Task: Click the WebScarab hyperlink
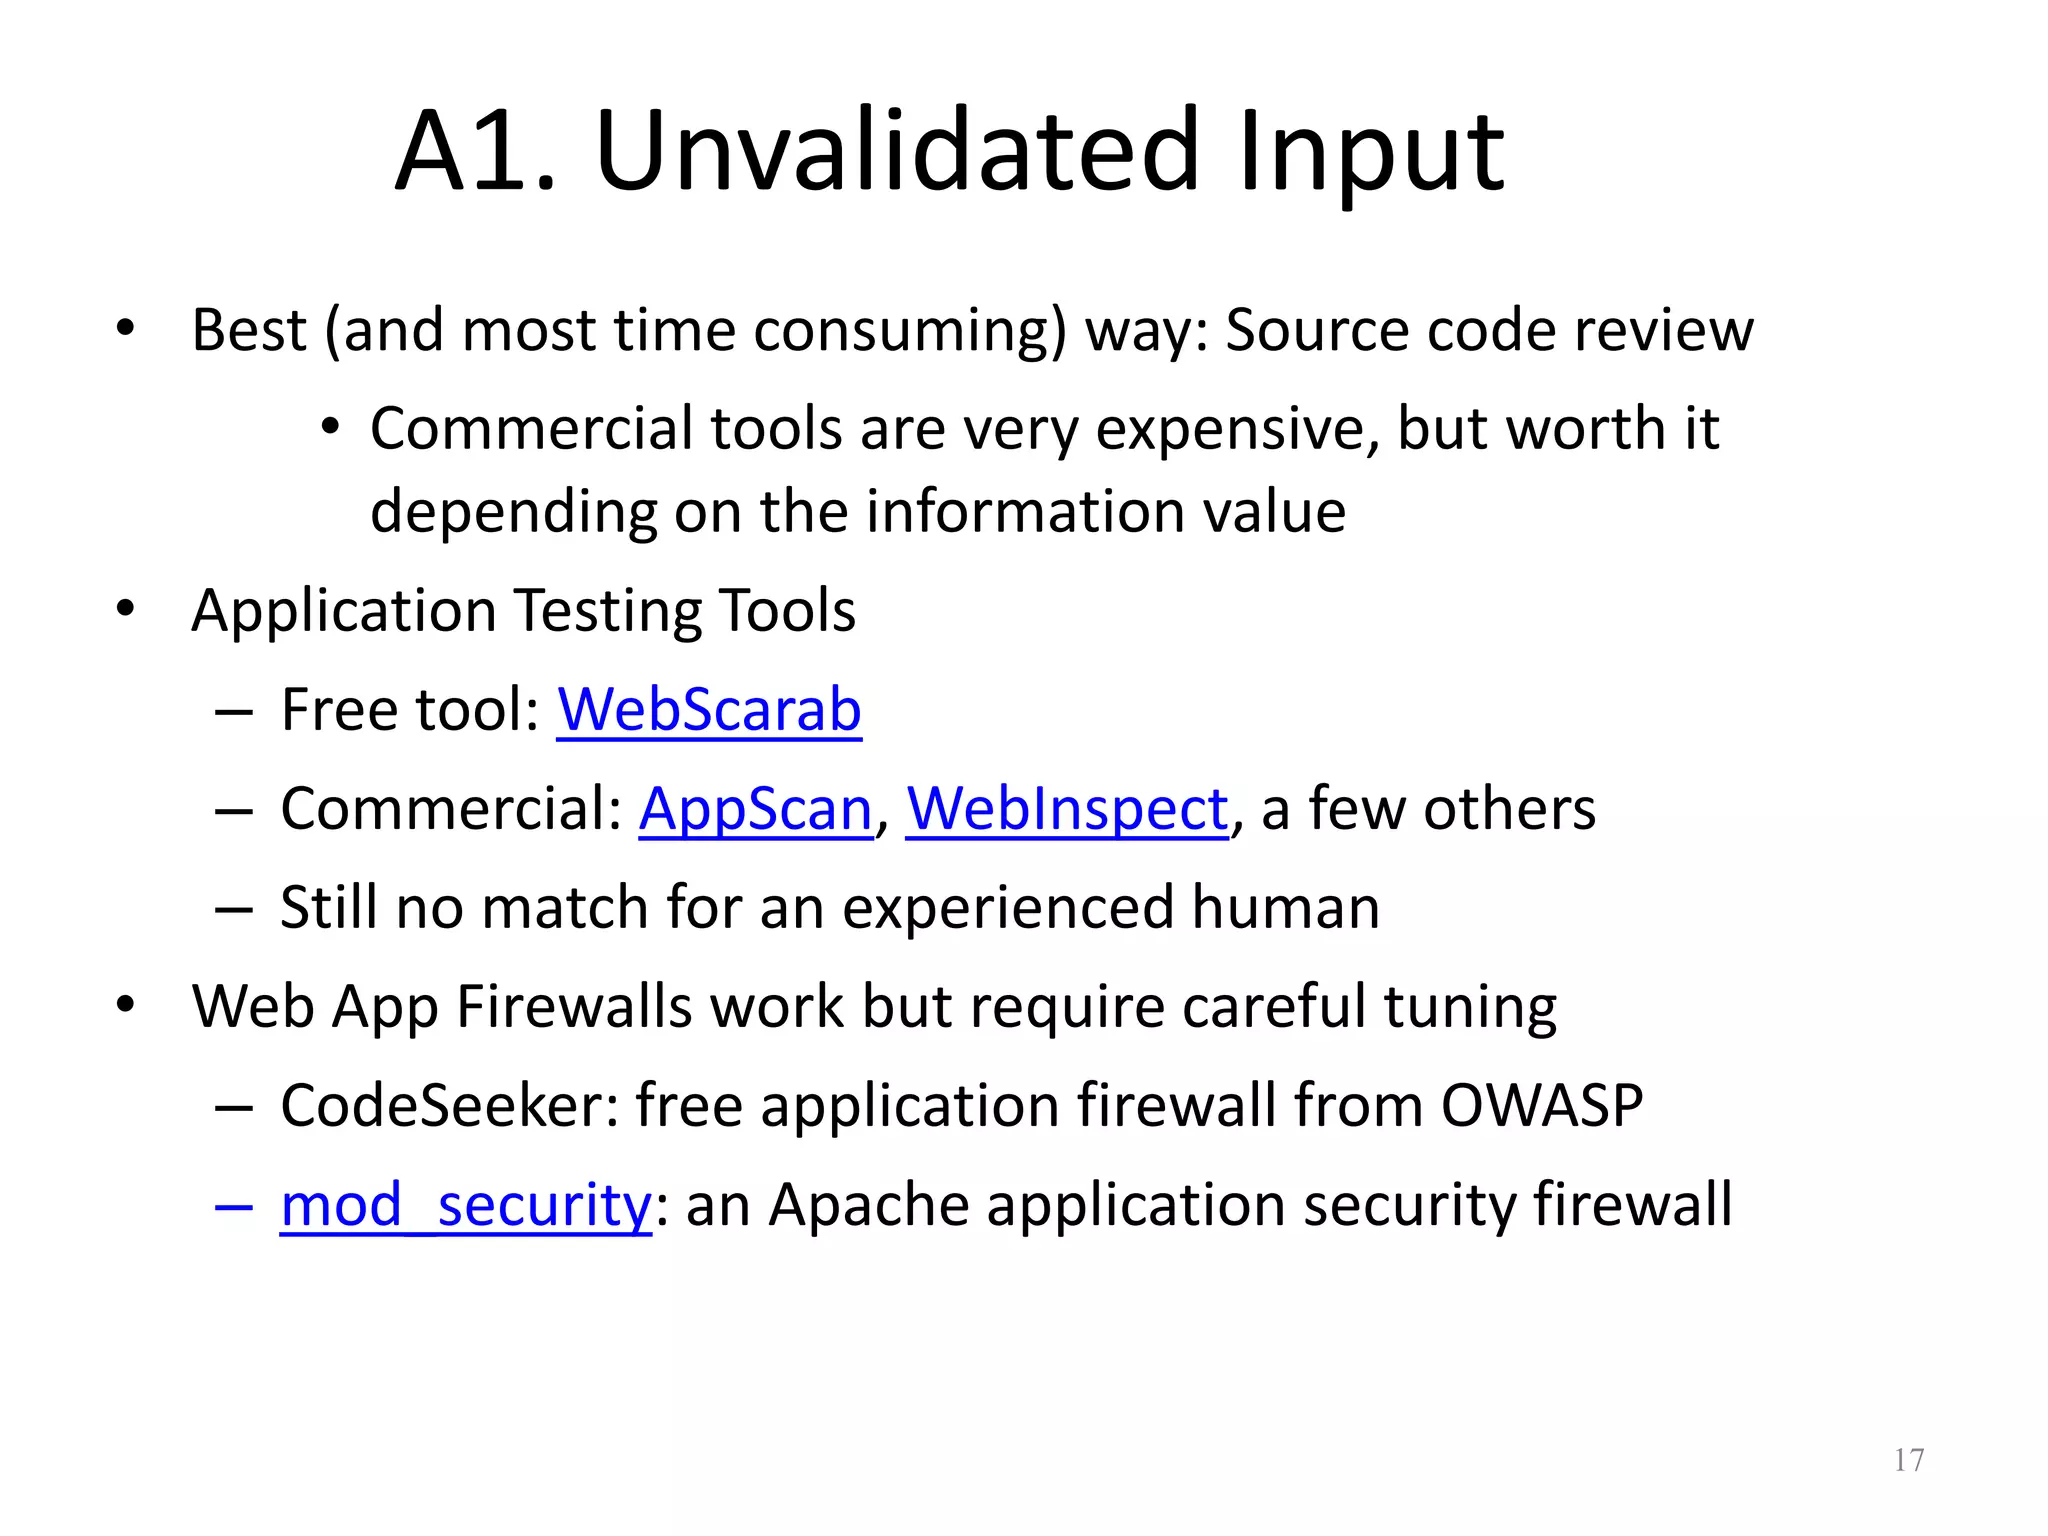(708, 710)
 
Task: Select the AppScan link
(756, 809)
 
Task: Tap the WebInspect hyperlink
(1066, 809)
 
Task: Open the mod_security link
(465, 1205)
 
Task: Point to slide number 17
(1908, 1461)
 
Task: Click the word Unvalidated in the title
(896, 152)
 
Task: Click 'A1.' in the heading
(475, 152)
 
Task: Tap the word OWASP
(1541, 1106)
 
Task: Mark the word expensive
(1237, 431)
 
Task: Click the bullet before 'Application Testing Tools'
(125, 609)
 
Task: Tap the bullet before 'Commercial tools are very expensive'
(331, 428)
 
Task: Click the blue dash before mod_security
(233, 1207)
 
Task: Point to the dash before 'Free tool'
(233, 712)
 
